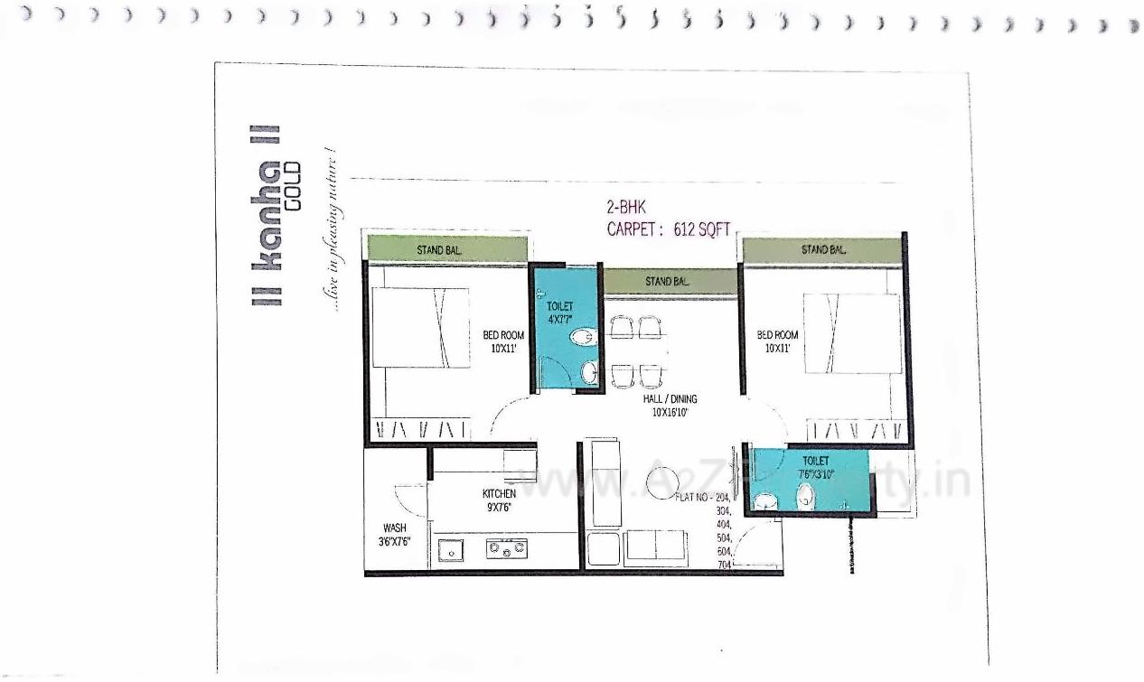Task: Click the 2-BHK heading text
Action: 626,208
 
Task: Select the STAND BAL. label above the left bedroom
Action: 440,249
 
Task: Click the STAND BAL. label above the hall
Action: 669,282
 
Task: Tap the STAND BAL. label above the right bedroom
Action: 823,249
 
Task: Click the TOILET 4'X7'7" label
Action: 560,313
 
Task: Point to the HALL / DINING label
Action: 670,405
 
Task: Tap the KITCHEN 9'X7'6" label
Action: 499,500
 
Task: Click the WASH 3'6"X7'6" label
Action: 395,535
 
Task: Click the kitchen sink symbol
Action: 450,548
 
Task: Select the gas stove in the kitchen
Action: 507,547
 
